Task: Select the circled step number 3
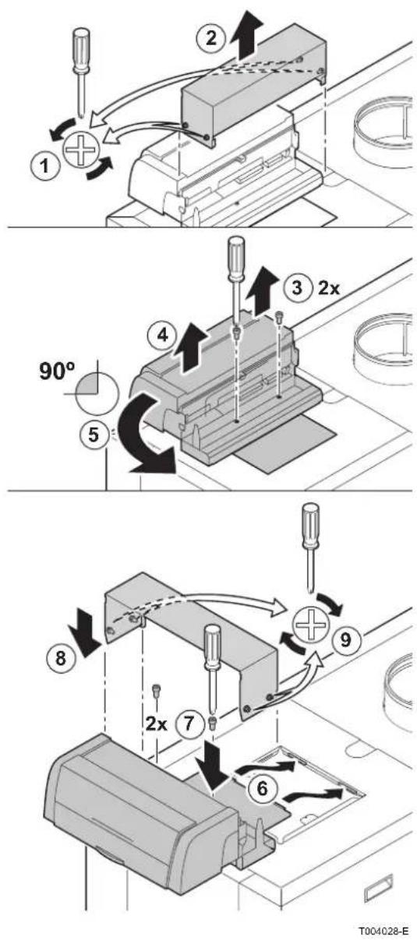[297, 288]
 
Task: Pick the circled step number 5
[94, 434]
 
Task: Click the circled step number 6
[262, 788]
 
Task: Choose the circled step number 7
[189, 723]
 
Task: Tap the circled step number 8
[61, 657]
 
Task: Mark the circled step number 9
[345, 639]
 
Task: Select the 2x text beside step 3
[328, 288]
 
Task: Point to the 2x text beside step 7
[156, 723]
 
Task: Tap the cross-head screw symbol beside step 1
[80, 149]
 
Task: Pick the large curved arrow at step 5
[140, 436]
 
